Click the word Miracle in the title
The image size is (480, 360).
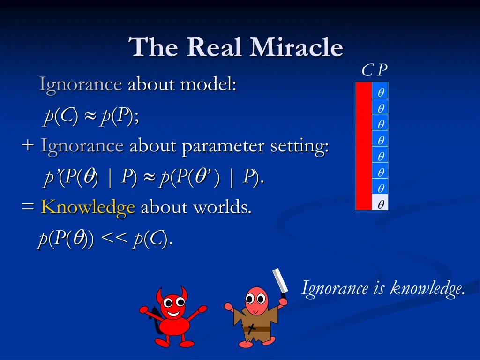(x=296, y=48)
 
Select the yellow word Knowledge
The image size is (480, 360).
(x=88, y=207)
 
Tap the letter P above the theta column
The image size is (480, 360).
(x=382, y=70)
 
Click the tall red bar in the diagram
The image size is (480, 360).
(x=364, y=146)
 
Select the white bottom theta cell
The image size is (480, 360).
(x=380, y=204)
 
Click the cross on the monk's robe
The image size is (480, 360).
(x=252, y=328)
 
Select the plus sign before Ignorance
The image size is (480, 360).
(x=28, y=146)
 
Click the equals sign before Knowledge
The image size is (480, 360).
(x=28, y=207)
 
